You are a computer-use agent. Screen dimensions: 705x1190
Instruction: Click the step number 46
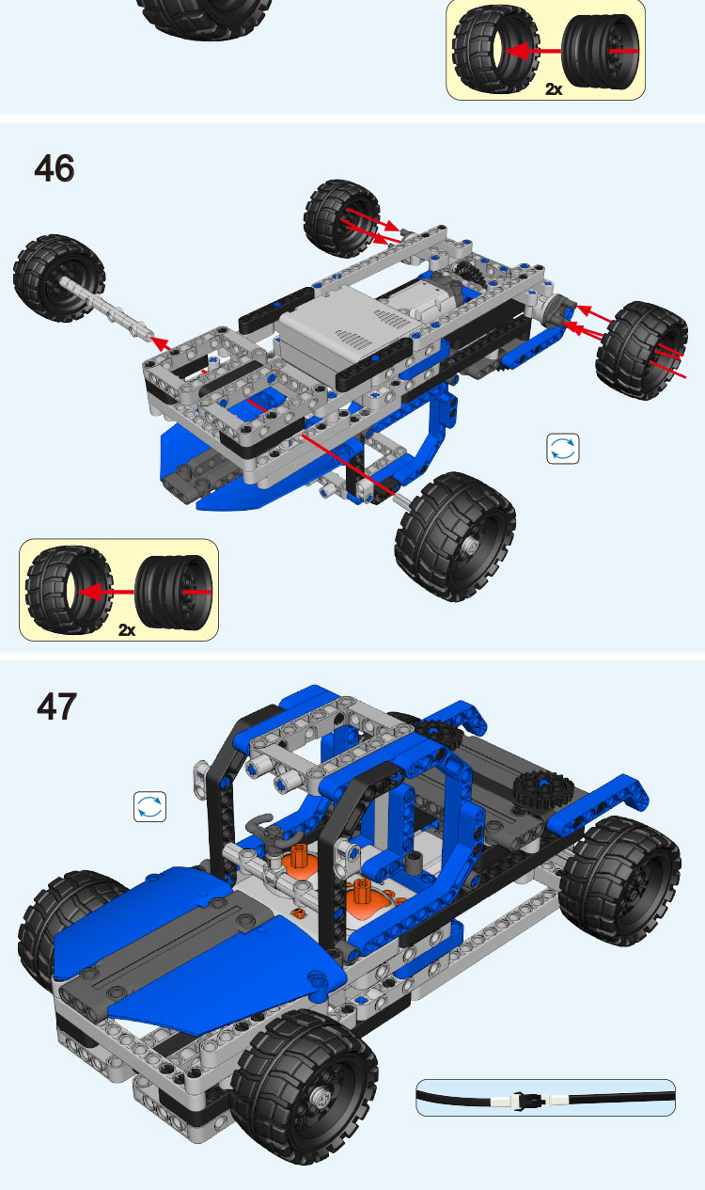pos(55,168)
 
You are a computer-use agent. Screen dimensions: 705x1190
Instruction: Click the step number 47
pos(56,706)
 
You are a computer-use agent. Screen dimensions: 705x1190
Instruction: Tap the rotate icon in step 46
pos(563,449)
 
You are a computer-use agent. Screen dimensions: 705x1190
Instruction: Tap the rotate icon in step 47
pos(149,806)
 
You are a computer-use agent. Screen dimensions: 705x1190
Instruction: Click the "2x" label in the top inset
pos(553,89)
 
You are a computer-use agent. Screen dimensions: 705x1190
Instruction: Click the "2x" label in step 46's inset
pos(126,630)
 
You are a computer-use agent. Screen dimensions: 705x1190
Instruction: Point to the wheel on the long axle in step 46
pos(59,278)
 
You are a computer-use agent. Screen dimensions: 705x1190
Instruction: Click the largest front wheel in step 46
pos(455,536)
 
